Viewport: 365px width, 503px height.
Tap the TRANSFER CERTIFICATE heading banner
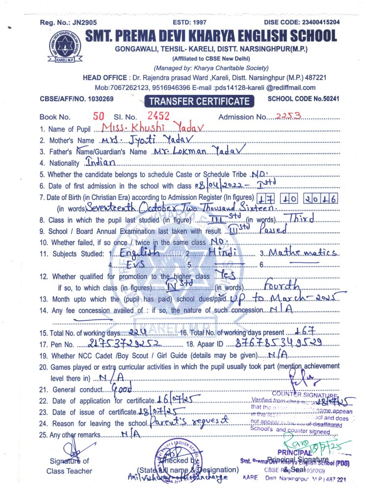click(x=199, y=102)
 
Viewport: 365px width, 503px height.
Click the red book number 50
click(x=99, y=116)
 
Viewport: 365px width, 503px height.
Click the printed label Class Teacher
click(x=69, y=471)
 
